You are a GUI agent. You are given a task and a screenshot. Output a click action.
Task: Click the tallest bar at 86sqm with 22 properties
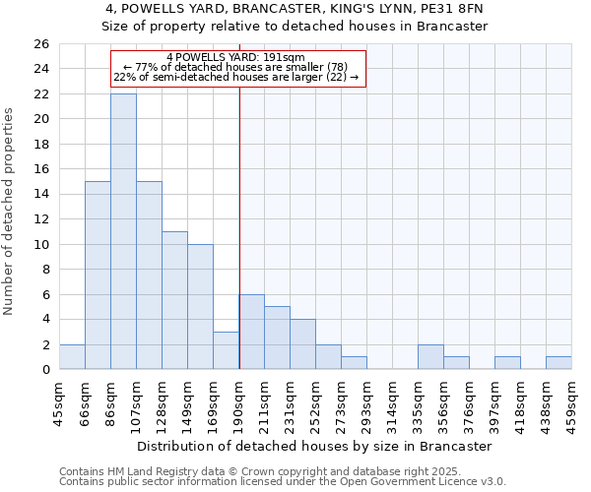click(123, 231)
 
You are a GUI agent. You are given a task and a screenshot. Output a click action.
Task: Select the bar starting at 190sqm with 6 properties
click(251, 332)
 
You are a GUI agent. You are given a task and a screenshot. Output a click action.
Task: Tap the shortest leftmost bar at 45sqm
click(72, 357)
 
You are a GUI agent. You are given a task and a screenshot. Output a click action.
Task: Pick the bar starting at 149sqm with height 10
click(200, 307)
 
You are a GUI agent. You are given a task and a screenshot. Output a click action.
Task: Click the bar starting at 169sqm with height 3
click(226, 350)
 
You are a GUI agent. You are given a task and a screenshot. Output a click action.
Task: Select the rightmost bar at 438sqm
click(558, 363)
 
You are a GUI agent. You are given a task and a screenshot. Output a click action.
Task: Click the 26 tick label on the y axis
click(40, 44)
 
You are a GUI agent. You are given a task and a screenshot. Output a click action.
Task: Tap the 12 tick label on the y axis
click(40, 219)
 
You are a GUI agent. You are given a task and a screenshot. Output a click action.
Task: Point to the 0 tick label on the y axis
click(44, 370)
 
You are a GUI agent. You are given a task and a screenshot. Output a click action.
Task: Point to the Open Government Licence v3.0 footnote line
click(283, 481)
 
